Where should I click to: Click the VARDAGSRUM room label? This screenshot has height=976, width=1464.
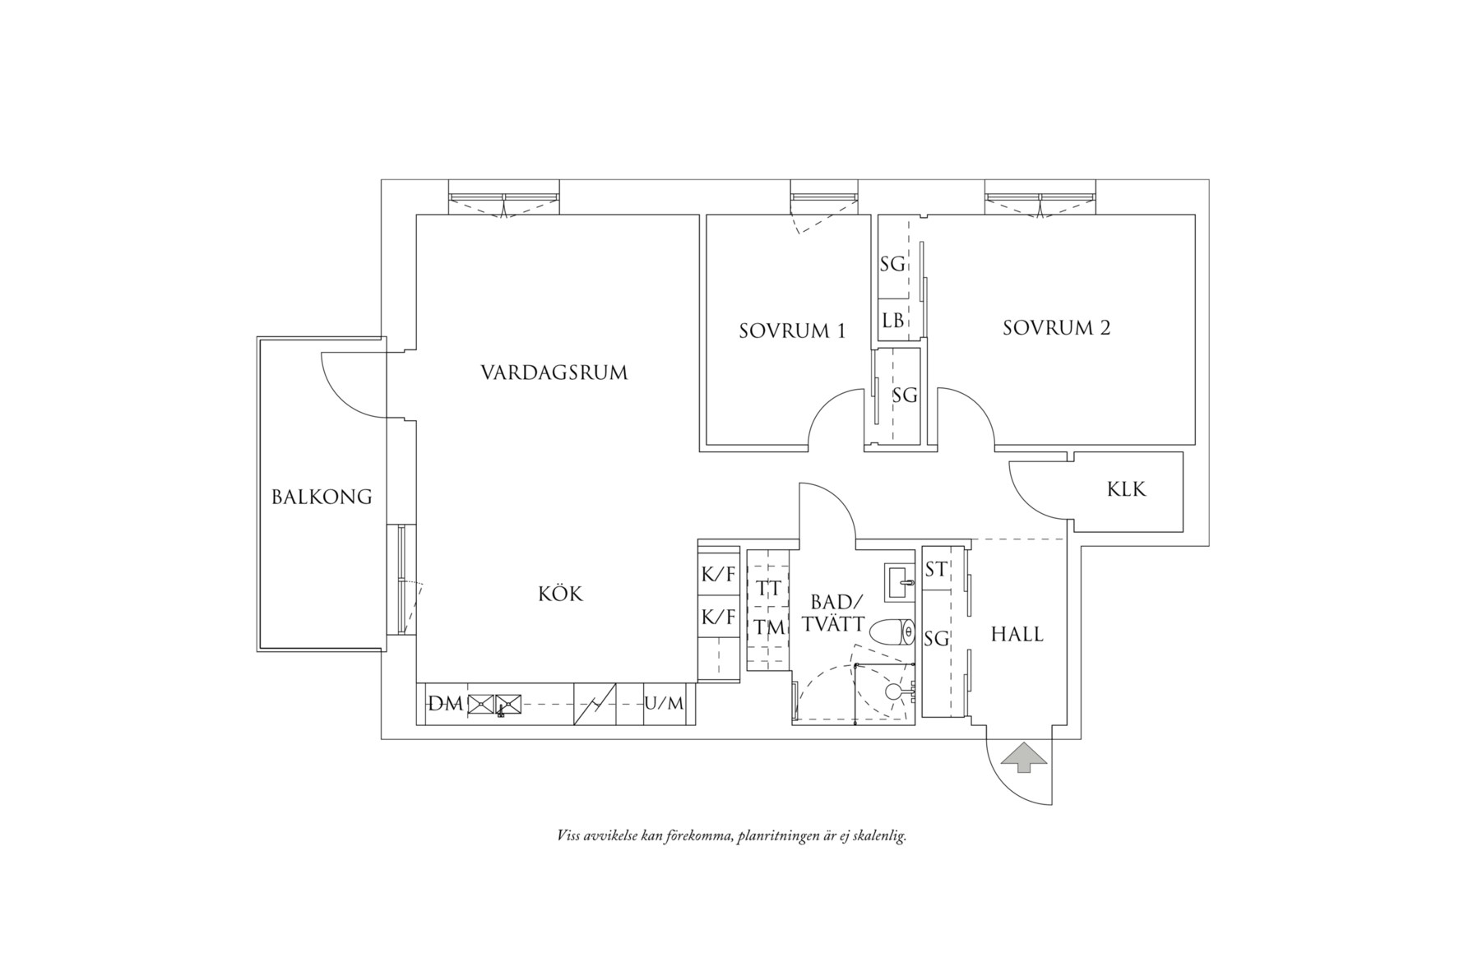click(x=554, y=373)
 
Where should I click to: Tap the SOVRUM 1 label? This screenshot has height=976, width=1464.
click(x=792, y=331)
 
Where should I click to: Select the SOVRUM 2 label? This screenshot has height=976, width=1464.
click(x=1057, y=328)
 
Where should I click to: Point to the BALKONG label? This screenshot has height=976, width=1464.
click(x=322, y=497)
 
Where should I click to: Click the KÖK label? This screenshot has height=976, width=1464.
click(x=561, y=593)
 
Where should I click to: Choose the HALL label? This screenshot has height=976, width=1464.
click(x=1017, y=634)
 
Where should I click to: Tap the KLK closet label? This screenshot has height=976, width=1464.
click(x=1127, y=489)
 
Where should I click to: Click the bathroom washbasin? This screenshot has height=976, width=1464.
click(x=900, y=582)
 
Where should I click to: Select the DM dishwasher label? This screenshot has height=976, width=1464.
click(x=446, y=704)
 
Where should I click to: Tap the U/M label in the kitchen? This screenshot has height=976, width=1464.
click(x=664, y=704)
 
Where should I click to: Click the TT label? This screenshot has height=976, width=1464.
click(x=767, y=589)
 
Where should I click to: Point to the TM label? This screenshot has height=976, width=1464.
click(x=768, y=627)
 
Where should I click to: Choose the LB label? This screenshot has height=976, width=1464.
click(x=892, y=321)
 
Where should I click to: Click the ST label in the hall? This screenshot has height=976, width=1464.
click(x=935, y=569)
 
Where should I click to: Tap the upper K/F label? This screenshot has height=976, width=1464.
click(x=718, y=575)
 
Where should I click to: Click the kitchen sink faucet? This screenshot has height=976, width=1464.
click(x=500, y=713)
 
